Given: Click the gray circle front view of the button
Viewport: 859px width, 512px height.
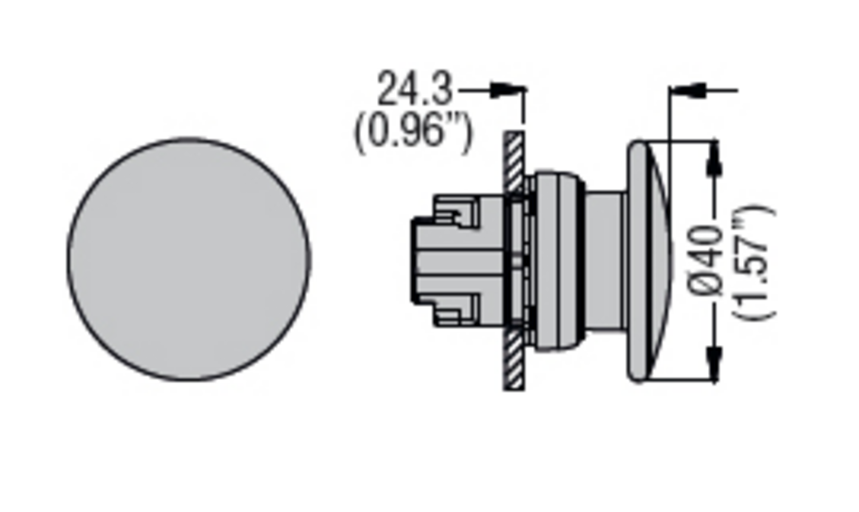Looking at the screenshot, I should (x=189, y=259).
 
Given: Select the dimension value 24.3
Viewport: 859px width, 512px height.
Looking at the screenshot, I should (x=414, y=89).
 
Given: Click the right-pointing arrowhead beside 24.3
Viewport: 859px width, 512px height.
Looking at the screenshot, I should (x=502, y=89).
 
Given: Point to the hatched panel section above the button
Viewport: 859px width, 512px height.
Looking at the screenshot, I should (x=514, y=160).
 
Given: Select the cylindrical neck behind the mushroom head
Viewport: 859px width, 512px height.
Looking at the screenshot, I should (x=604, y=261).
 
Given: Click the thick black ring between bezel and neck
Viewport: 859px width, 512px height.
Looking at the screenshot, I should (x=582, y=261).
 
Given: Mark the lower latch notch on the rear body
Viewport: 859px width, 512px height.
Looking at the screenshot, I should (x=455, y=309).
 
